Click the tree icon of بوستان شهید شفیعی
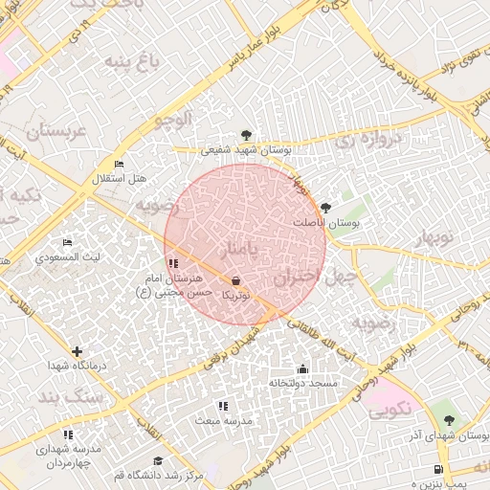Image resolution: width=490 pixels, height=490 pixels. pos(247,135)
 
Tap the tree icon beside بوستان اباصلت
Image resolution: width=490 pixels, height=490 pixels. pos(326,207)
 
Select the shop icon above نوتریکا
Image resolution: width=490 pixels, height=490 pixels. pos(236,281)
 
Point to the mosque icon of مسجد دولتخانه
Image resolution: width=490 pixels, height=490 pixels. pos(302,369)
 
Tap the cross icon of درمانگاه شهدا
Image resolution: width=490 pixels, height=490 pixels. pos(78,351)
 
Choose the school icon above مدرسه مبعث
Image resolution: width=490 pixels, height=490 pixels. pos(223,407)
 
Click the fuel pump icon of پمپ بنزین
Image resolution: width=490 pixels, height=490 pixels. pos(437,469)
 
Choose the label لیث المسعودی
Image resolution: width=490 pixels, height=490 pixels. pos(65,257)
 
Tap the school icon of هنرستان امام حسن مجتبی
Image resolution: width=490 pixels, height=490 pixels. pos(171,263)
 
